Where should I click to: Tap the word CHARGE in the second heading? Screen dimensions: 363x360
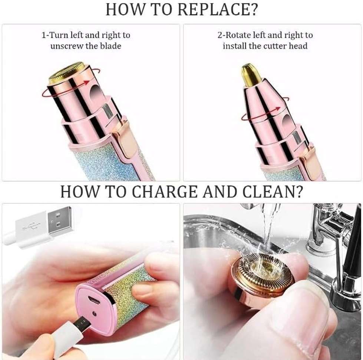point(165,192)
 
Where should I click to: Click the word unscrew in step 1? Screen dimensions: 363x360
point(67,46)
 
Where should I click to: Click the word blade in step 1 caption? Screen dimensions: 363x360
point(110,46)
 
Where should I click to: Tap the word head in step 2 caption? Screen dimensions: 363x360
point(298,46)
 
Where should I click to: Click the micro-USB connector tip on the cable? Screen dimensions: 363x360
point(83,323)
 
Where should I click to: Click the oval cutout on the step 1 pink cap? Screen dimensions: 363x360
point(97,93)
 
